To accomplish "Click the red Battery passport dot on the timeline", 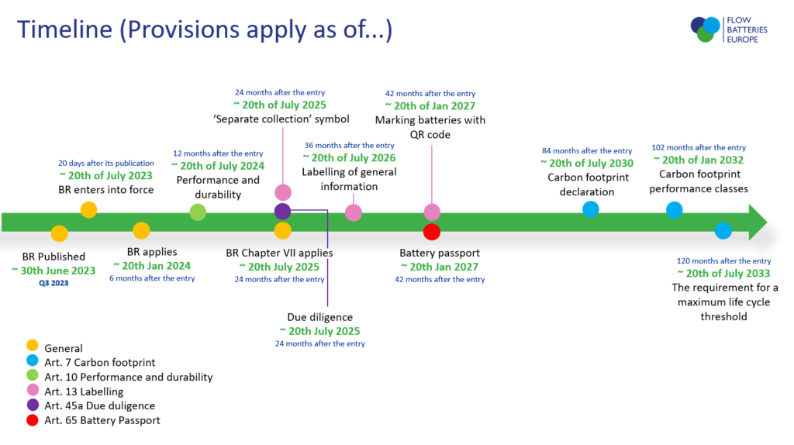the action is click(431, 232).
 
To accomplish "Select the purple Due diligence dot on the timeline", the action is click(282, 211).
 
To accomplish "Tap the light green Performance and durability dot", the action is click(198, 212).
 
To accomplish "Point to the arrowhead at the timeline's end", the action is click(758, 222).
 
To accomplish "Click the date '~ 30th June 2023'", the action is click(54, 271).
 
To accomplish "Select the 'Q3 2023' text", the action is click(54, 283).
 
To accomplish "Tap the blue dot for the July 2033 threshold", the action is click(723, 230).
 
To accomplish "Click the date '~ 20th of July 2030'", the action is click(587, 163).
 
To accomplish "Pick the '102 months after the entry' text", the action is click(699, 148).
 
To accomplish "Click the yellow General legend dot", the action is click(33, 345).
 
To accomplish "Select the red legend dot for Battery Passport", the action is click(33, 420).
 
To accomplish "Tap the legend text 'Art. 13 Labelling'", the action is click(84, 392).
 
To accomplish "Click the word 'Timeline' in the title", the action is click(64, 29).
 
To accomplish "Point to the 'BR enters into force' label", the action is click(105, 190).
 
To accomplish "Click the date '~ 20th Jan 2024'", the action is click(152, 266).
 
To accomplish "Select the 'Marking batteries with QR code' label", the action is click(430, 127).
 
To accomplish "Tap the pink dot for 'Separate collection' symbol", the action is click(283, 192).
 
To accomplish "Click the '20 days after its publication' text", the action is click(105, 163).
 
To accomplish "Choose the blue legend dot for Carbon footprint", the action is click(33, 360).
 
